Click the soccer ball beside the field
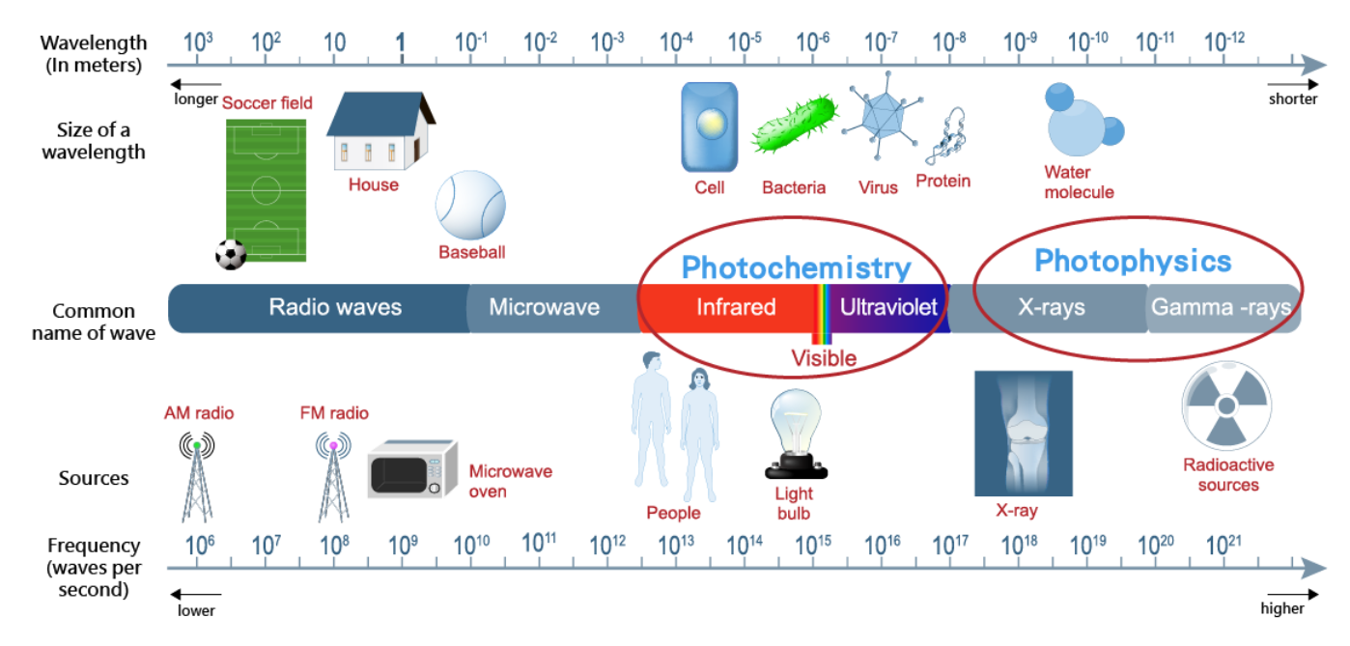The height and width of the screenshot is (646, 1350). (231, 254)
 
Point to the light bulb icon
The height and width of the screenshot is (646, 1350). (798, 435)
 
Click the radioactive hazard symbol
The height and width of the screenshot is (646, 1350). (1225, 407)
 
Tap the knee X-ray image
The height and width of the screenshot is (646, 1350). (1024, 434)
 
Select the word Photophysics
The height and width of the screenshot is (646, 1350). (1133, 261)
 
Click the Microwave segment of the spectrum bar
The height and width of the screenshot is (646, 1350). (544, 308)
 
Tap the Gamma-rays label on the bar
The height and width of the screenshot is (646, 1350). (1222, 308)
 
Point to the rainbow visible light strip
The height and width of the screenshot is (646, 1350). (823, 313)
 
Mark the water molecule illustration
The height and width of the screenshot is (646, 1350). (1083, 124)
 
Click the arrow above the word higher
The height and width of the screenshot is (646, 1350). (1292, 595)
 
